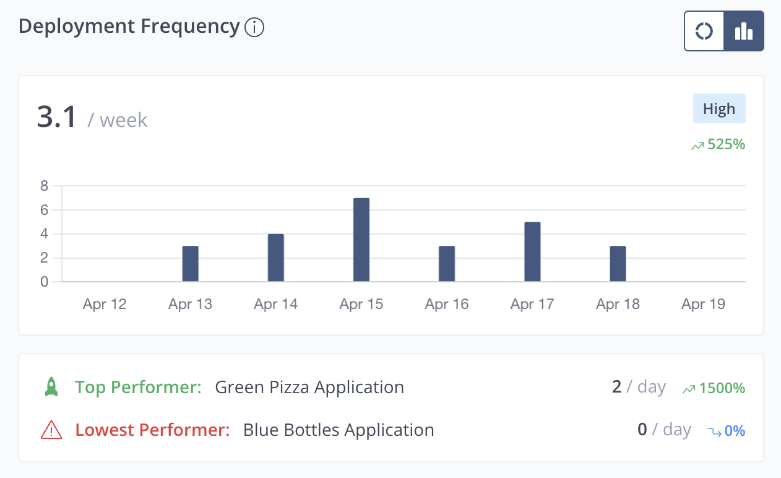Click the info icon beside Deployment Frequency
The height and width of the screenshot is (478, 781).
254,28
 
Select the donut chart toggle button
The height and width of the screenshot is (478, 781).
704,31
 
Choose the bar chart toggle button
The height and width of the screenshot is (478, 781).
744,31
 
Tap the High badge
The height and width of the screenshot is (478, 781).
719,109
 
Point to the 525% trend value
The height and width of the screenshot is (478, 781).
726,145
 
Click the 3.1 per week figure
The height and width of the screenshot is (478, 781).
56,118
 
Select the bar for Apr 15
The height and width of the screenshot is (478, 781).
361,240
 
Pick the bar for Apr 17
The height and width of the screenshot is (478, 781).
532,252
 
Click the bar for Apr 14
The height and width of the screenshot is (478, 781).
276,258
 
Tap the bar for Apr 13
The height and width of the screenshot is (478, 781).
191,264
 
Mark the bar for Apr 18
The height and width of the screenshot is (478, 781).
618,264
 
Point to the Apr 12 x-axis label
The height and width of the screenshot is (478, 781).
105,304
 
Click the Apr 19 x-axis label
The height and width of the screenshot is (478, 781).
703,304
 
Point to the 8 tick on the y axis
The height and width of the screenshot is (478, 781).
44,186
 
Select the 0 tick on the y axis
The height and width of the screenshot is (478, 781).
44,282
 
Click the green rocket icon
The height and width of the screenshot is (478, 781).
51,388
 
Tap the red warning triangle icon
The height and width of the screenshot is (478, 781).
51,430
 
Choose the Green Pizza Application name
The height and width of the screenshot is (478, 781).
309,388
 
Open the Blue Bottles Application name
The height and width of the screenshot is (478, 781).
339,430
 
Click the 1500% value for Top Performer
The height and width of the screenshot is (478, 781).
722,388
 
